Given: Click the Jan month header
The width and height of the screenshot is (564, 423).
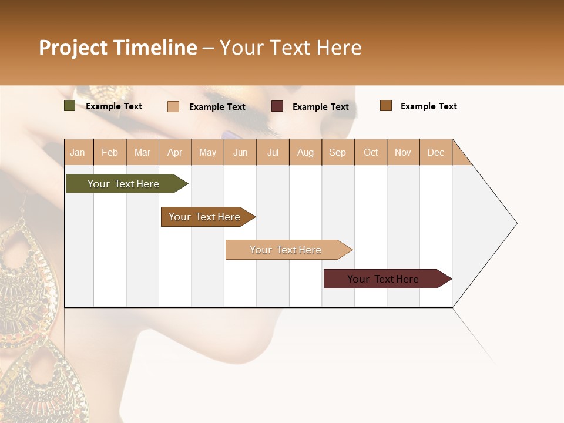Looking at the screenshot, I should (78, 152).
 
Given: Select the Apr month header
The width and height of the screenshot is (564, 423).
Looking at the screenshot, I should (175, 152).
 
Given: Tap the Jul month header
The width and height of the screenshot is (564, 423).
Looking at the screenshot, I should (273, 152).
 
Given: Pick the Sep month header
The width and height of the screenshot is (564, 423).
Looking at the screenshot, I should (337, 152).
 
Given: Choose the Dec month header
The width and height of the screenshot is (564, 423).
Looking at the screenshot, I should (435, 152).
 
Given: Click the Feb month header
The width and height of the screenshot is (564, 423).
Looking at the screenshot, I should (110, 152).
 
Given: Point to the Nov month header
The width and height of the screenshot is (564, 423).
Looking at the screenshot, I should (403, 152).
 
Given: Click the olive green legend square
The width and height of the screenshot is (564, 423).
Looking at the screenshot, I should (69, 106).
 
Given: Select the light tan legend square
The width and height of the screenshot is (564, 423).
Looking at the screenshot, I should (173, 106).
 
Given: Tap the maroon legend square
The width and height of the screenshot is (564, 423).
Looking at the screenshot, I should (277, 106).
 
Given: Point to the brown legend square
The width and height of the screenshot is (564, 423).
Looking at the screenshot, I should (386, 106).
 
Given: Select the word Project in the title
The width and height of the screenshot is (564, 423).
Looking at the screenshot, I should (73, 48).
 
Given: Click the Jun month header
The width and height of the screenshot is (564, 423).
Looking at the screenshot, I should (240, 152).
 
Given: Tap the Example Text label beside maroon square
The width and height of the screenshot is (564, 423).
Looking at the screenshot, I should (321, 107).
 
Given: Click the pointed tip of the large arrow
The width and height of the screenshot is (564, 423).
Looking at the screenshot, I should (515, 223).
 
